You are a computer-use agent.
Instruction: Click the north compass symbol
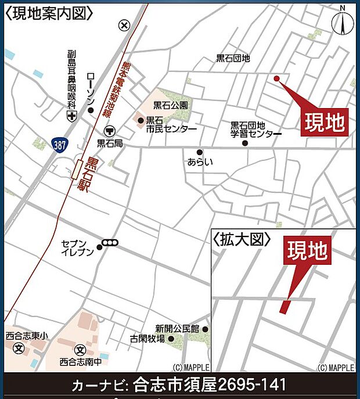(x=342, y=22)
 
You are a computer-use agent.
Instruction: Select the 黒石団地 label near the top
(x=233, y=58)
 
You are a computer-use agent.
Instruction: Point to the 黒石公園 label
(x=171, y=106)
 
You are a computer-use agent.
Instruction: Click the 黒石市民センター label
(x=171, y=124)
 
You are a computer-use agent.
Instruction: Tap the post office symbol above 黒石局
(x=110, y=131)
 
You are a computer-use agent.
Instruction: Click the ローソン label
(x=90, y=89)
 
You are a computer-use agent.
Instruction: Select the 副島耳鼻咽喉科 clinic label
(x=71, y=79)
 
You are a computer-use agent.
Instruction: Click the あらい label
(x=200, y=161)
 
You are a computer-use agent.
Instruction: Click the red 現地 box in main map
(x=324, y=122)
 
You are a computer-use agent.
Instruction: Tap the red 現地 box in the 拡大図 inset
(x=308, y=250)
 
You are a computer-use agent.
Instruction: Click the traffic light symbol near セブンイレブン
(x=110, y=243)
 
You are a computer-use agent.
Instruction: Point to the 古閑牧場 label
(x=147, y=339)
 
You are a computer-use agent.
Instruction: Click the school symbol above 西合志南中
(x=80, y=350)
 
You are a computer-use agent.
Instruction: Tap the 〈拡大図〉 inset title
(x=242, y=239)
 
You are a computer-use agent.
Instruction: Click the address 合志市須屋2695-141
(x=210, y=385)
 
